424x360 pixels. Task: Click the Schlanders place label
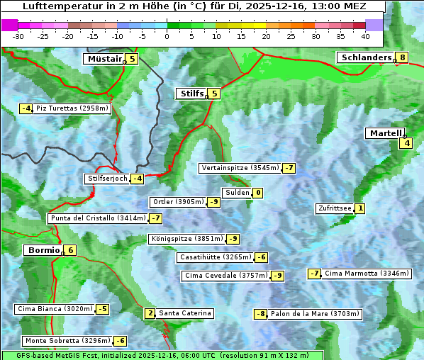click(366, 57)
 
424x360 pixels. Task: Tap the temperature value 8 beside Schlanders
click(403, 57)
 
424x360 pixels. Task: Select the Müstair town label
click(104, 59)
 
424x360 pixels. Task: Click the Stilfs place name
click(191, 94)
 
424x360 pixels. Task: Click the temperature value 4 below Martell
click(406, 143)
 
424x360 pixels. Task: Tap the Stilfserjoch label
click(107, 179)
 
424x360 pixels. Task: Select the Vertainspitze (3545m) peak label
click(240, 168)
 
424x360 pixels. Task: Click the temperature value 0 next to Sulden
click(258, 193)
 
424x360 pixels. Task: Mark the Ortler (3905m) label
click(178, 202)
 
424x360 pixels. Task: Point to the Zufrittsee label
click(335, 208)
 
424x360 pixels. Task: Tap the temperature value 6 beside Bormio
click(70, 250)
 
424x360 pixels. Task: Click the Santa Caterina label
click(184, 313)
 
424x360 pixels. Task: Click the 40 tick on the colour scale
click(365, 36)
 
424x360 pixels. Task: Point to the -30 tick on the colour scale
click(18, 36)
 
